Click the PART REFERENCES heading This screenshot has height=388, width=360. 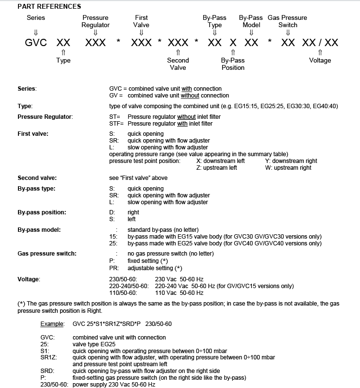(49, 6)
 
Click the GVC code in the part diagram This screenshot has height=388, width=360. (36, 42)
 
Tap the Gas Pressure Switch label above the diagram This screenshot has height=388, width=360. (287, 21)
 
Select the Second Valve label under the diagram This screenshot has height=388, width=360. (178, 64)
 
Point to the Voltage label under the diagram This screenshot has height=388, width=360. (320, 60)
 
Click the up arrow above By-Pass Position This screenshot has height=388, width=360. (233, 52)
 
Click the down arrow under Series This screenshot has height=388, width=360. (35, 32)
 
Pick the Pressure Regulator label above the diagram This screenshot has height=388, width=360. (96, 21)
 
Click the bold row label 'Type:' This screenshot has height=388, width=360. (25, 106)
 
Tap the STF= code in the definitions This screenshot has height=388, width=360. (117, 124)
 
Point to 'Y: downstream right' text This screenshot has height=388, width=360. (291, 161)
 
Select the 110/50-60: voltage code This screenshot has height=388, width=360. (124, 293)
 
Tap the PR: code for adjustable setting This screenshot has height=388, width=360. (114, 268)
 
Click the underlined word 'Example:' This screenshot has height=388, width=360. (52, 323)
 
